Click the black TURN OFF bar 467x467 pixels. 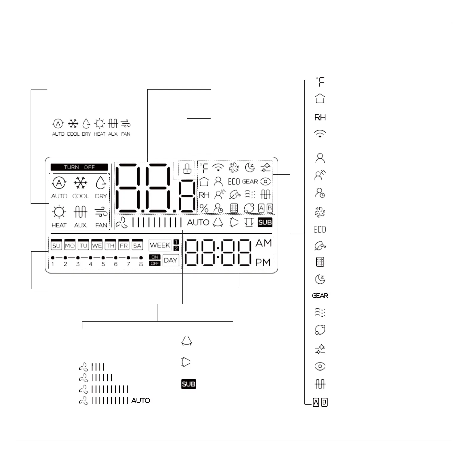[x=79, y=167]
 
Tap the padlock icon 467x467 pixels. [x=186, y=168]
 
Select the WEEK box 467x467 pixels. [x=160, y=245]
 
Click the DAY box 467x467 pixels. [x=170, y=260]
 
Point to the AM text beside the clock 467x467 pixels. [x=263, y=243]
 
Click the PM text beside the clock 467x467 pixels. [x=263, y=262]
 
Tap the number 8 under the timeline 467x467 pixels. [x=141, y=264]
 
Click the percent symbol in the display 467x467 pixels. [x=204, y=208]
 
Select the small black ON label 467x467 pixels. [x=155, y=257]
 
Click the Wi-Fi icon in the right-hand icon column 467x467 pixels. [x=320, y=134]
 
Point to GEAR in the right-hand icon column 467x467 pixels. [x=320, y=296]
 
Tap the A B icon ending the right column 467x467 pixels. [x=320, y=402]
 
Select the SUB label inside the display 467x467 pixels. [x=265, y=222]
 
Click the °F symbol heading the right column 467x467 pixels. [x=320, y=82]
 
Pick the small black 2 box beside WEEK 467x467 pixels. [x=176, y=248]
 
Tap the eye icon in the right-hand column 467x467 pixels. [x=320, y=366]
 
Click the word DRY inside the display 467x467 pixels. [x=101, y=196]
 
